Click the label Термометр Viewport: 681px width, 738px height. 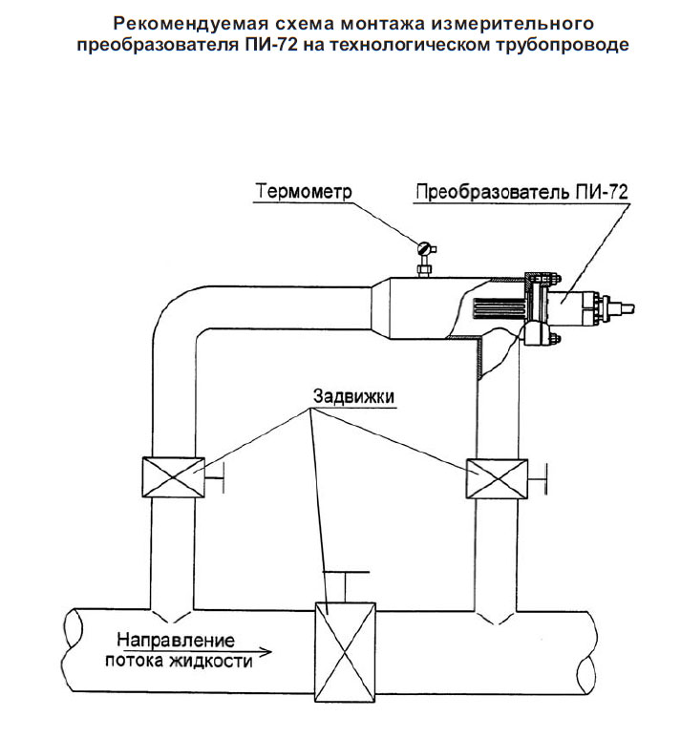coord(304,192)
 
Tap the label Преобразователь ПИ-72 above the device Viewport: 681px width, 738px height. coord(521,192)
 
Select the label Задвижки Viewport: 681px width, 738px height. coord(353,396)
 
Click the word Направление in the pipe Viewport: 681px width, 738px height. coord(176,640)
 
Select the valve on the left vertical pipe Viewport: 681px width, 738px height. coord(173,477)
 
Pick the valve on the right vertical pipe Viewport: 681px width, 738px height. coord(497,478)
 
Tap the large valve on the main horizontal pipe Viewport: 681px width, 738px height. coord(345,652)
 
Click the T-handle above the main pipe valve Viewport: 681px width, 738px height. coord(346,586)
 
